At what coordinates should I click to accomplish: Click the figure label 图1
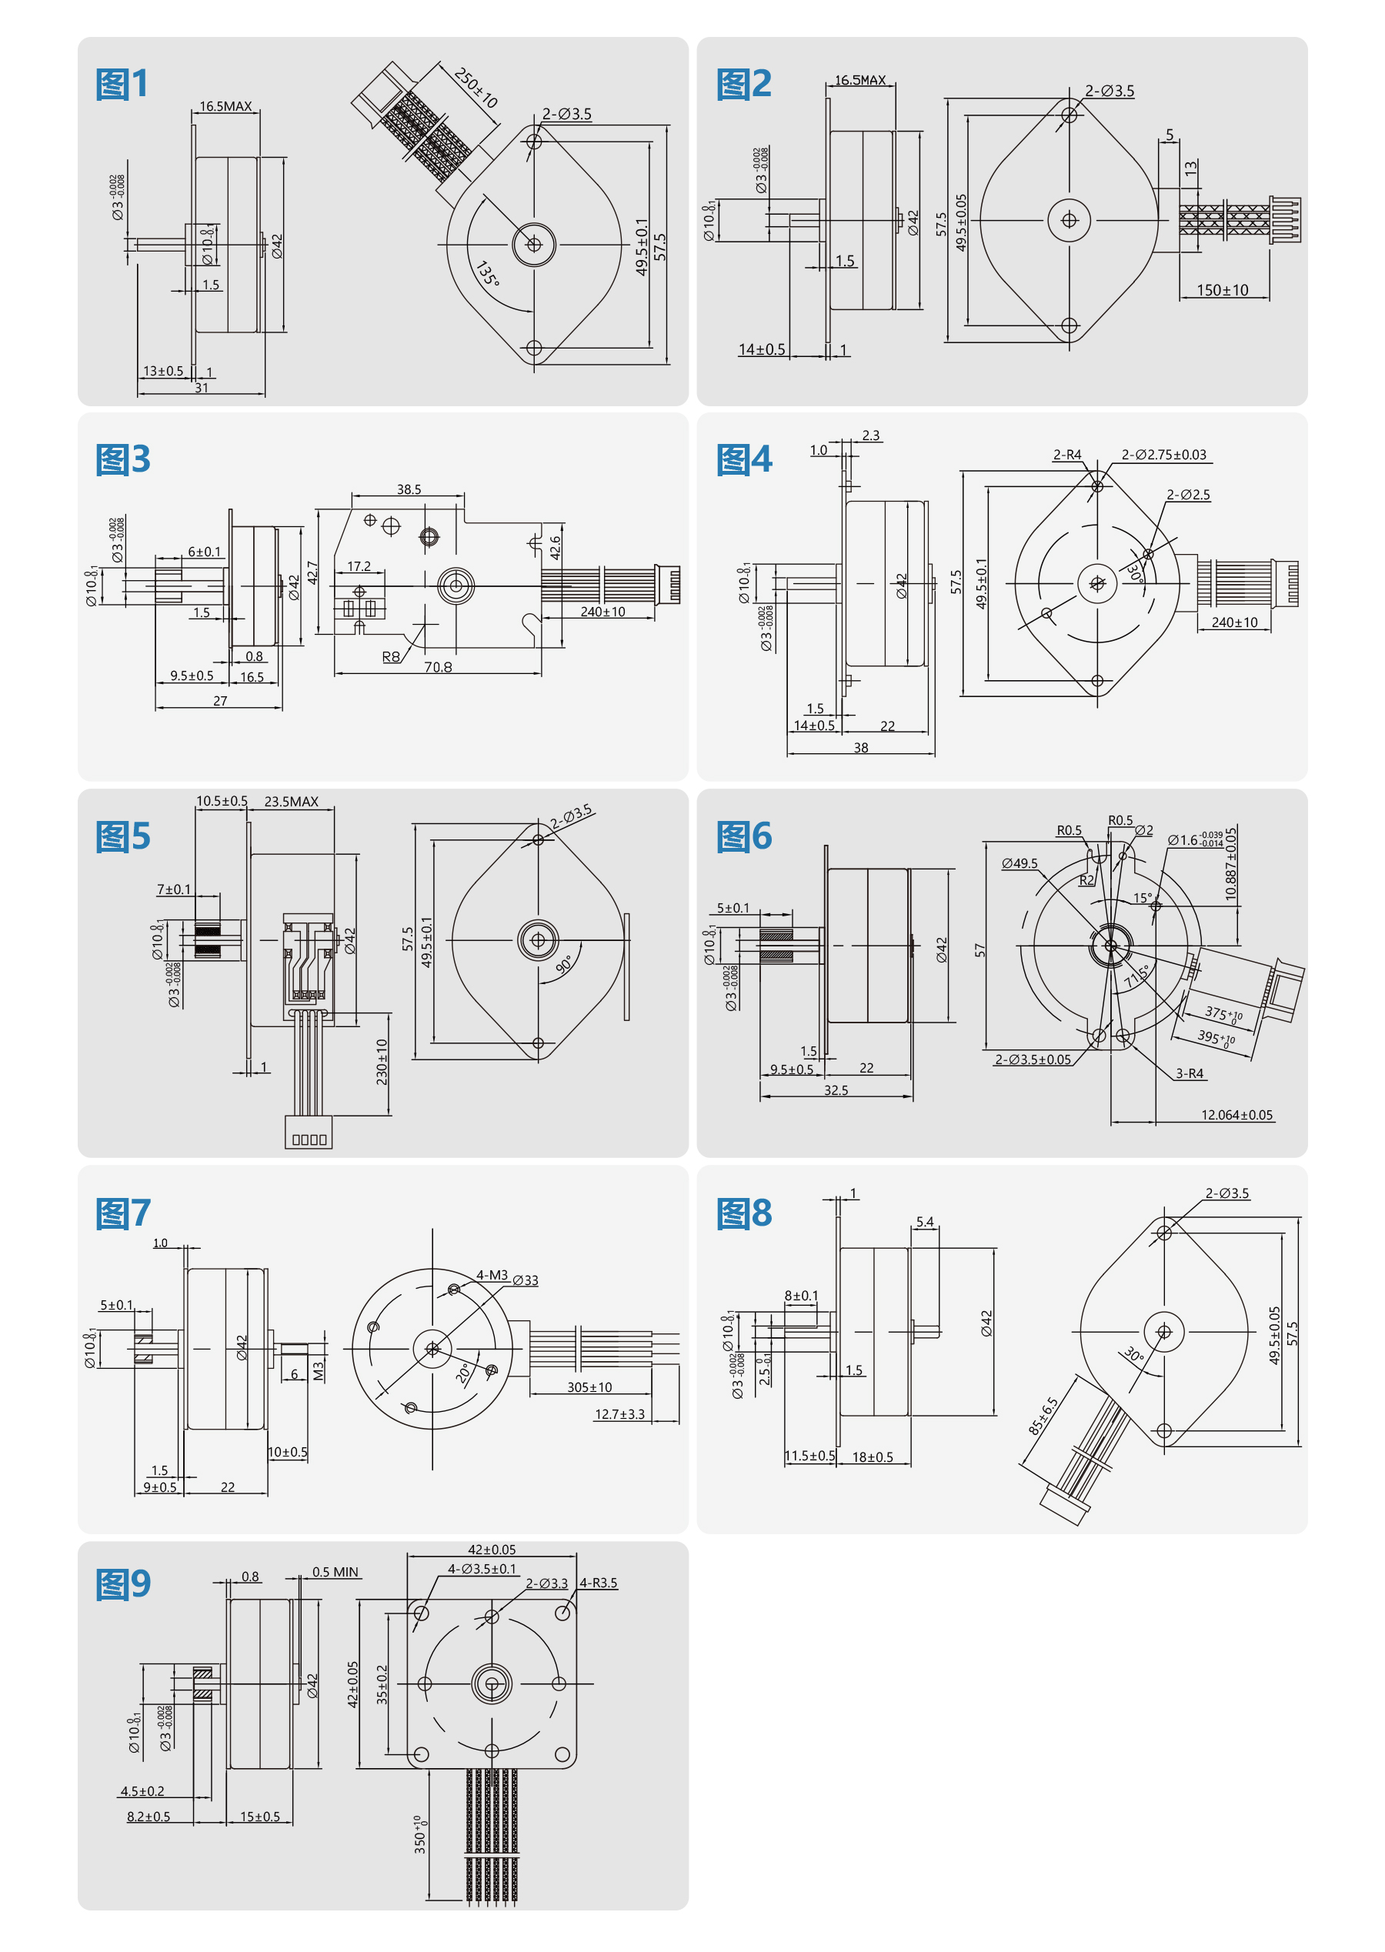pyautogui.click(x=123, y=85)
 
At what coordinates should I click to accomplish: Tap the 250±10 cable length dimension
pyautogui.click(x=475, y=88)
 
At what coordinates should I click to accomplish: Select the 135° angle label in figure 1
pyautogui.click(x=487, y=274)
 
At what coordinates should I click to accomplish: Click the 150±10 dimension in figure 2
pyautogui.click(x=1221, y=290)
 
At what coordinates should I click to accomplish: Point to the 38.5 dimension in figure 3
pyautogui.click(x=409, y=489)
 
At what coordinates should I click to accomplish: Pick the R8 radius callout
pyautogui.click(x=391, y=656)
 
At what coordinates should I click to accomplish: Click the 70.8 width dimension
pyautogui.click(x=438, y=667)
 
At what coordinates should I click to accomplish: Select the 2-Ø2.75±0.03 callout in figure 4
pyautogui.click(x=1163, y=455)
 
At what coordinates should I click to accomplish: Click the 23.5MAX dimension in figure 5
pyautogui.click(x=291, y=802)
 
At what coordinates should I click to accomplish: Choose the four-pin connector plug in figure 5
pyautogui.click(x=309, y=1134)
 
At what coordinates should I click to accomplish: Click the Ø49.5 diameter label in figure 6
pyautogui.click(x=1020, y=863)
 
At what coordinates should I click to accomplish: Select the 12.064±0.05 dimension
pyautogui.click(x=1236, y=1115)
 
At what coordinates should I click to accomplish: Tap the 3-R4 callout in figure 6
pyautogui.click(x=1189, y=1073)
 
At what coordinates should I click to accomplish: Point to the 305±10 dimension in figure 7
pyautogui.click(x=589, y=1387)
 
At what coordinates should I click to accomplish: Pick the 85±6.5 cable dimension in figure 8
pyautogui.click(x=1043, y=1416)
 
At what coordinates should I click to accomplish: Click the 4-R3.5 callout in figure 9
pyautogui.click(x=598, y=1583)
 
